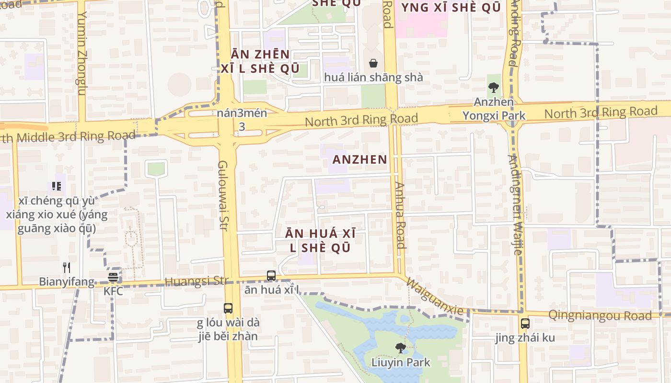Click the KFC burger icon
[x=113, y=277]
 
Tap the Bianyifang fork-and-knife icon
[x=67, y=268]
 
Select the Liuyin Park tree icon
[x=400, y=348]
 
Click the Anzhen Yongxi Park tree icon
[x=493, y=88]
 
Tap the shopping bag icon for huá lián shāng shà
[x=373, y=63]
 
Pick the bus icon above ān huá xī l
[x=271, y=276]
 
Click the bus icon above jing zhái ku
[x=525, y=324]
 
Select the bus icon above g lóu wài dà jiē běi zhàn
[x=228, y=308]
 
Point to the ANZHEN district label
[x=359, y=160]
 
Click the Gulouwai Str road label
[x=223, y=195]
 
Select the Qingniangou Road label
[x=600, y=315]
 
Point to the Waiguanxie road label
[x=435, y=296]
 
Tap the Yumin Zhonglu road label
[x=82, y=53]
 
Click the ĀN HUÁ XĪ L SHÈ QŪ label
[x=320, y=240]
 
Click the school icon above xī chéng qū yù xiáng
[x=57, y=186]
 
